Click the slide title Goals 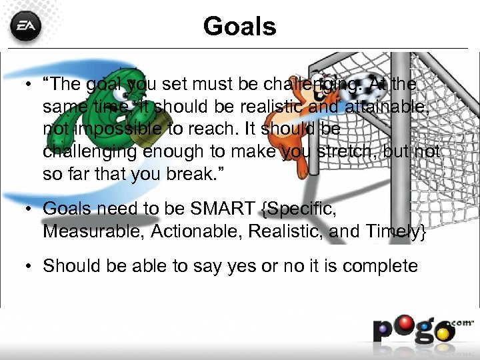pos(239,27)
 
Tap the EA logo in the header pos(25,27)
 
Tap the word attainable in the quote pos(387,105)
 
